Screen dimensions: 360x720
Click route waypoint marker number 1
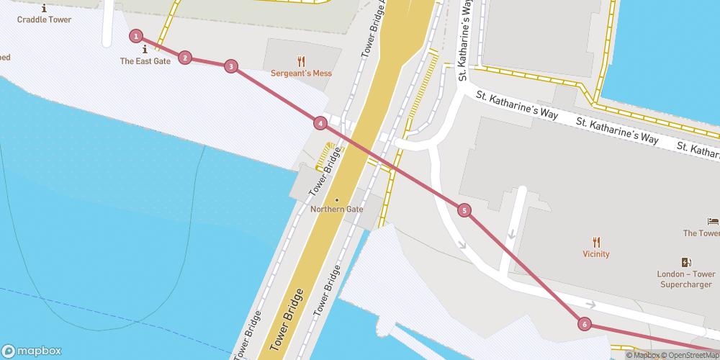(x=136, y=36)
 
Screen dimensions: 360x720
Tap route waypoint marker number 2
(x=185, y=58)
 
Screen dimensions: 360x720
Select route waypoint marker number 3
(x=230, y=66)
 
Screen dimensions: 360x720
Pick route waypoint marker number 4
(x=320, y=123)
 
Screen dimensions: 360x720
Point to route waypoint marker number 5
(x=464, y=210)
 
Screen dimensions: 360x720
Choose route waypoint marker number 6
(x=585, y=325)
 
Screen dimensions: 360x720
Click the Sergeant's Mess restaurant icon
(x=302, y=61)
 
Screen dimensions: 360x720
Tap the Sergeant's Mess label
(x=301, y=73)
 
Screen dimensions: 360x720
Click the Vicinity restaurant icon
(x=596, y=242)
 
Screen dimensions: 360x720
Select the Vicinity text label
(x=596, y=254)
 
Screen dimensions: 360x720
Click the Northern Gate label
(x=336, y=210)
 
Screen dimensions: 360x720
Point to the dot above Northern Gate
(x=336, y=199)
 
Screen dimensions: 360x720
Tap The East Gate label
(x=145, y=61)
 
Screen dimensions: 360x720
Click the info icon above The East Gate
(x=145, y=49)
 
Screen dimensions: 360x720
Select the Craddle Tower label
(x=45, y=19)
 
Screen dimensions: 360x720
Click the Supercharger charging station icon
(x=686, y=263)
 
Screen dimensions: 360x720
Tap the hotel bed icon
(x=713, y=221)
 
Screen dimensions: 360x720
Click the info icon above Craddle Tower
(x=45, y=8)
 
